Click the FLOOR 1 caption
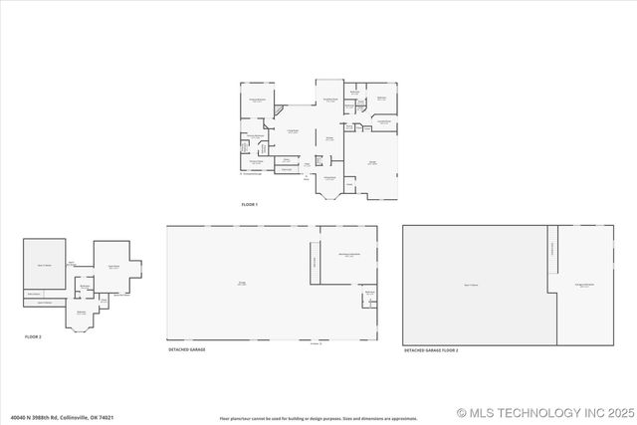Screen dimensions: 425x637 coord(249,204)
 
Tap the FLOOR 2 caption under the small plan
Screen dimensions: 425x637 coord(33,337)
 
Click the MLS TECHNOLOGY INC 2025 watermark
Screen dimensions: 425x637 coord(544,412)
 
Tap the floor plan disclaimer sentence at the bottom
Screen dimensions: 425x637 coord(318,418)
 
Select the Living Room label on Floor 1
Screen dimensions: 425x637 coord(294,131)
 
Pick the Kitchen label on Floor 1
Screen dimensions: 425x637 coord(328,139)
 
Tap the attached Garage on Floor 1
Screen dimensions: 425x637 coord(371,164)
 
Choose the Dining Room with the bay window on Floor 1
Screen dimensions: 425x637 coord(329,179)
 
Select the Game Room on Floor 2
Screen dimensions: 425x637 coord(114,266)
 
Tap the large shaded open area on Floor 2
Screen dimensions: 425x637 coord(45,265)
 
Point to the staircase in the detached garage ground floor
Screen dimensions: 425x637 coord(316,262)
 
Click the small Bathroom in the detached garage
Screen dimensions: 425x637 coord(368,295)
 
